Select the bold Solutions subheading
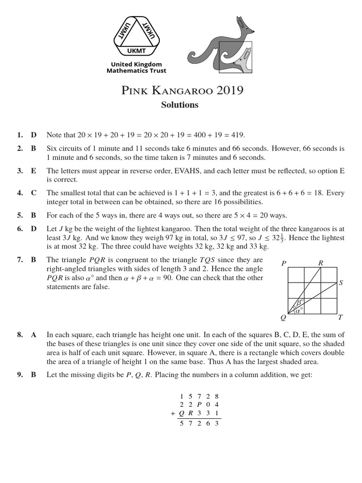[180, 105]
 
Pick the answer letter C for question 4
[33, 193]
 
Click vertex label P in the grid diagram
[283, 263]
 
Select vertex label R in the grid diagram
[321, 263]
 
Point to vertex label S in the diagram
[340, 283]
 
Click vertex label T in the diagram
[340, 318]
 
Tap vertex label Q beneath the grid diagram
[283, 318]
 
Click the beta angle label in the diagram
[297, 301]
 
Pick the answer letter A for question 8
[33, 335]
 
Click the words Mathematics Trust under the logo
[136, 71]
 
